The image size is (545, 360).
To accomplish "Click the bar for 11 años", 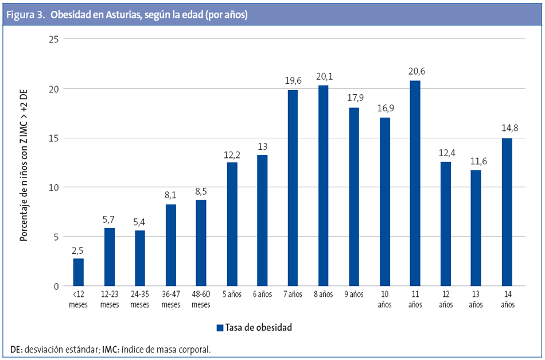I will [x=415, y=183].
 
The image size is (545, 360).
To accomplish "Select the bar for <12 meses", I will [x=78, y=272].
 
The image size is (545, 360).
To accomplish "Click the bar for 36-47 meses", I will [x=170, y=245].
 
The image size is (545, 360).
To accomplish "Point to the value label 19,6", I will [x=293, y=80].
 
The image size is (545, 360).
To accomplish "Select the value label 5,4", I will [x=139, y=220].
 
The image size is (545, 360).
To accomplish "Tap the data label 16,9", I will [x=384, y=107].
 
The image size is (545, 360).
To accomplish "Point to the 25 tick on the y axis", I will [x=54, y=40].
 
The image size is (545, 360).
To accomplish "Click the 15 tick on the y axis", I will [x=54, y=138].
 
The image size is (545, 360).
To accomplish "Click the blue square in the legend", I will [x=219, y=328].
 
